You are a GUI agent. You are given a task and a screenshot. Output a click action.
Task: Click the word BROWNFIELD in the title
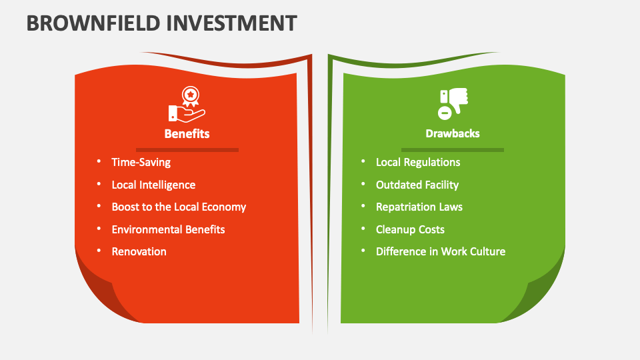pos(92,23)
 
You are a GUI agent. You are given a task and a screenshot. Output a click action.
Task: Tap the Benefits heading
pos(187,133)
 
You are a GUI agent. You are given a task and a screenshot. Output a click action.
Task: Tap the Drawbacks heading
pos(453,133)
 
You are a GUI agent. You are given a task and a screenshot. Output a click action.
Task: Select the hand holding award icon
pos(186,104)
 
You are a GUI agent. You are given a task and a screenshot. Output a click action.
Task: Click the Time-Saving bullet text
pos(141,162)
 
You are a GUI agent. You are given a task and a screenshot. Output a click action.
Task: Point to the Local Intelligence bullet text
pos(153,185)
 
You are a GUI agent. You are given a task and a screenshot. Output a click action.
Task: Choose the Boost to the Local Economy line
pos(179,207)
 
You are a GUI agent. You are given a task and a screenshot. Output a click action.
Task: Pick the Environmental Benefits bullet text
pos(168,229)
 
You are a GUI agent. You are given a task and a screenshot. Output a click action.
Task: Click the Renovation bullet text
pos(139,251)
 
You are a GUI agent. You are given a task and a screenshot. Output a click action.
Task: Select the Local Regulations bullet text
pos(418,162)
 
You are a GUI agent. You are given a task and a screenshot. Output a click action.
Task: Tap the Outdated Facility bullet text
pos(417,185)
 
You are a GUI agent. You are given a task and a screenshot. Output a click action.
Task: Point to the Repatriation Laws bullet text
pos(419,207)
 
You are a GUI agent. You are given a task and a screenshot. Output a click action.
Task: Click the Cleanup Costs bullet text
pos(410,229)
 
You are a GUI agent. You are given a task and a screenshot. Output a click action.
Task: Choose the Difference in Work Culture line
pos(441,251)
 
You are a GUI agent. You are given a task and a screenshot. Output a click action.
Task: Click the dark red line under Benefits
pos(187,150)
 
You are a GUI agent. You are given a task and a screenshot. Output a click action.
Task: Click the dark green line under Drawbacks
pos(453,150)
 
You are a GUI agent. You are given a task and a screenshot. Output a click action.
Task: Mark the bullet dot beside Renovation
pos(99,251)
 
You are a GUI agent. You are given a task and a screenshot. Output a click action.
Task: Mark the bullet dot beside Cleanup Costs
pos(363,229)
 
